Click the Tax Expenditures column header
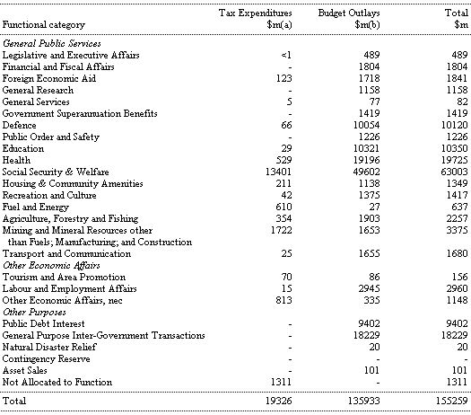(x=256, y=19)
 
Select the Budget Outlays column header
(x=349, y=19)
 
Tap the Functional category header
(x=44, y=24)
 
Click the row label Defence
(x=19, y=125)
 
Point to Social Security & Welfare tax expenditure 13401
(x=278, y=172)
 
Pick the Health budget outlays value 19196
(x=366, y=160)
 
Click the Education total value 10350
(x=455, y=148)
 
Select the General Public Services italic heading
(x=52, y=44)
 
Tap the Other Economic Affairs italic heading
(x=51, y=266)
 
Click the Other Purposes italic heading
(x=34, y=313)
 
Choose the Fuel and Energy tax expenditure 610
(x=283, y=207)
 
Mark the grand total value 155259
(x=452, y=401)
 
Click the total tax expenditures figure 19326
(x=278, y=401)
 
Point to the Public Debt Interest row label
(x=44, y=323)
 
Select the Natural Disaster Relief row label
(x=49, y=347)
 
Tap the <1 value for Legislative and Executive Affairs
(x=286, y=55)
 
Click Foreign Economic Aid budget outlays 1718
(x=369, y=78)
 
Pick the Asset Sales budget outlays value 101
(x=371, y=370)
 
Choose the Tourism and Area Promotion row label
(x=64, y=277)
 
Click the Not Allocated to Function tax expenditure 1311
(x=281, y=382)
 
